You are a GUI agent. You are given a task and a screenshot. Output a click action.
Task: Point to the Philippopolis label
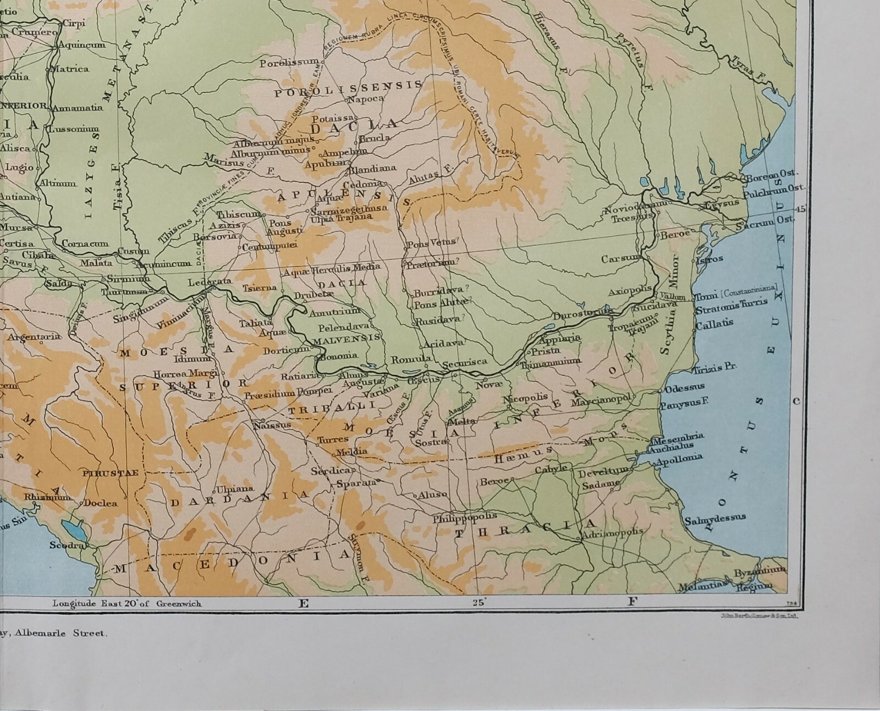tap(464, 516)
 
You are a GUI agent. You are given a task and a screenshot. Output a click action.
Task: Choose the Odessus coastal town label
tap(685, 388)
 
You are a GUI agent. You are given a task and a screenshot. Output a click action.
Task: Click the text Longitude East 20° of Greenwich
tap(127, 603)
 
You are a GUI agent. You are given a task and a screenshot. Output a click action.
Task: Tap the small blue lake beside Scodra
tap(71, 530)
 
